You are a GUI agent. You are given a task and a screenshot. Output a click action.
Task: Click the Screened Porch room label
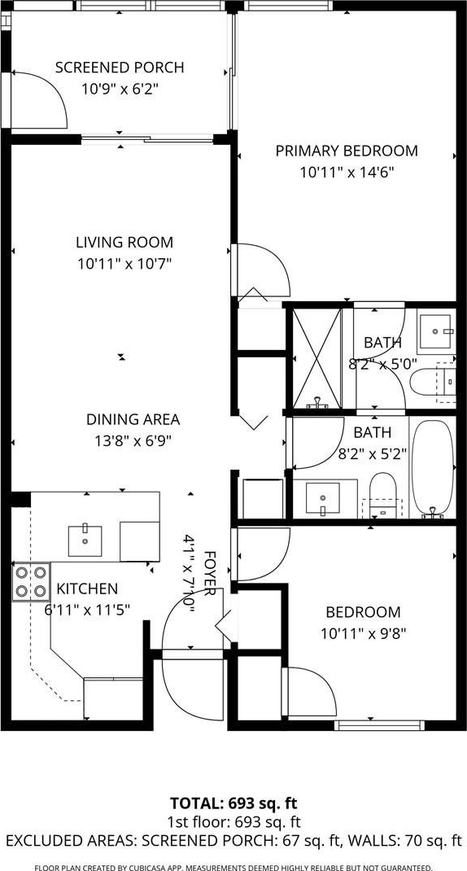point(120,68)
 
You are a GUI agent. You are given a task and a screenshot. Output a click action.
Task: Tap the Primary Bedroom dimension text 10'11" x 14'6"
point(347,173)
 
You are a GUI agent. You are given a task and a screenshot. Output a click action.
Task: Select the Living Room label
point(124,243)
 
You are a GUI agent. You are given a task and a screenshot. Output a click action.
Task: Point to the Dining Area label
point(133,419)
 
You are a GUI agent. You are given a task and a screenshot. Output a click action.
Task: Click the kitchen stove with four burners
point(31,581)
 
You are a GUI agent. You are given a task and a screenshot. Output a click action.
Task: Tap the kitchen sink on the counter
point(85,541)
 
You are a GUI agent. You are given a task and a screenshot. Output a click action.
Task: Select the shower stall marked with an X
point(316,358)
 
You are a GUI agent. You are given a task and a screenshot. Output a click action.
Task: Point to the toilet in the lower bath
point(382,494)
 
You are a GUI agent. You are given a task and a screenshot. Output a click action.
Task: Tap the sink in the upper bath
point(436,333)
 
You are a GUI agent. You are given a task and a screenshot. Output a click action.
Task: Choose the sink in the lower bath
point(322,499)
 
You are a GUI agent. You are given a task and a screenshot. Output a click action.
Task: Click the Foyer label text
point(209,574)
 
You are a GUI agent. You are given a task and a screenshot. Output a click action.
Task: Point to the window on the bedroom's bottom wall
point(380,725)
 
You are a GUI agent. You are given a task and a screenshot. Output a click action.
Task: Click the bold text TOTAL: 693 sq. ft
point(233,803)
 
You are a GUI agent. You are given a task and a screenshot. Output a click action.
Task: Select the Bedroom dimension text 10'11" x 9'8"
point(363,633)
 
